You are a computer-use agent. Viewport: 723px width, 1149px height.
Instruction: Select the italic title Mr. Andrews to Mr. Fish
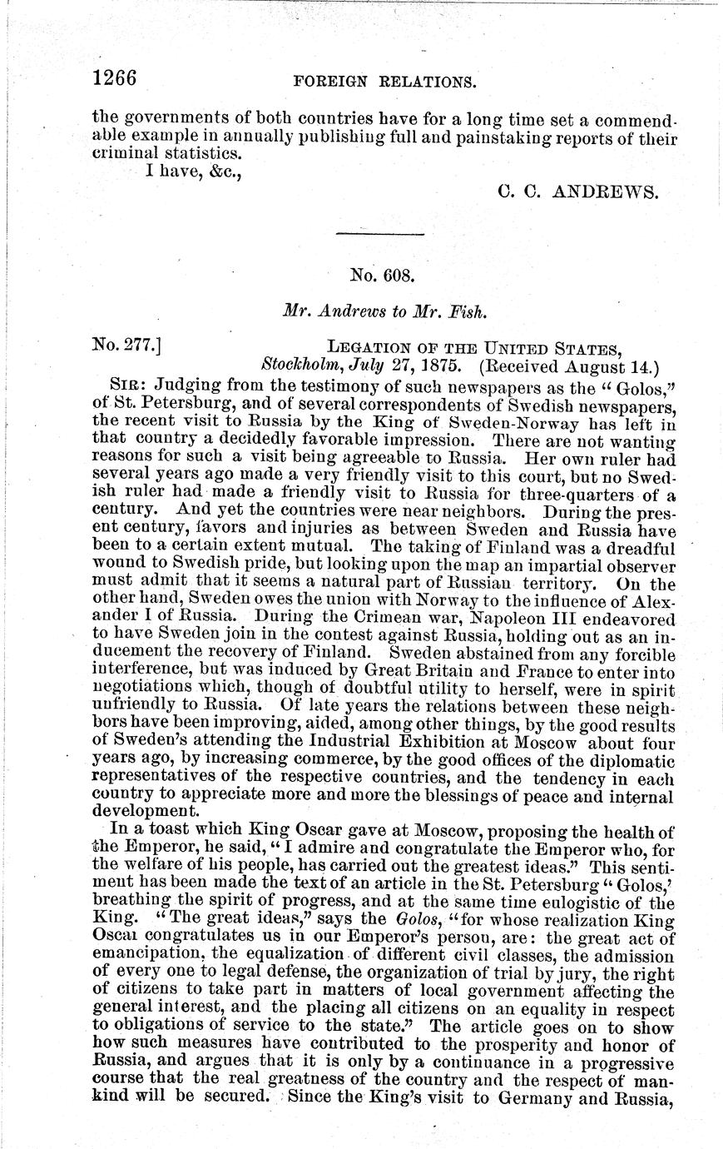pyautogui.click(x=384, y=312)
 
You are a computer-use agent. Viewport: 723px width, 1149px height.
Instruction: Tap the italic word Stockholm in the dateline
pyautogui.click(x=298, y=364)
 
